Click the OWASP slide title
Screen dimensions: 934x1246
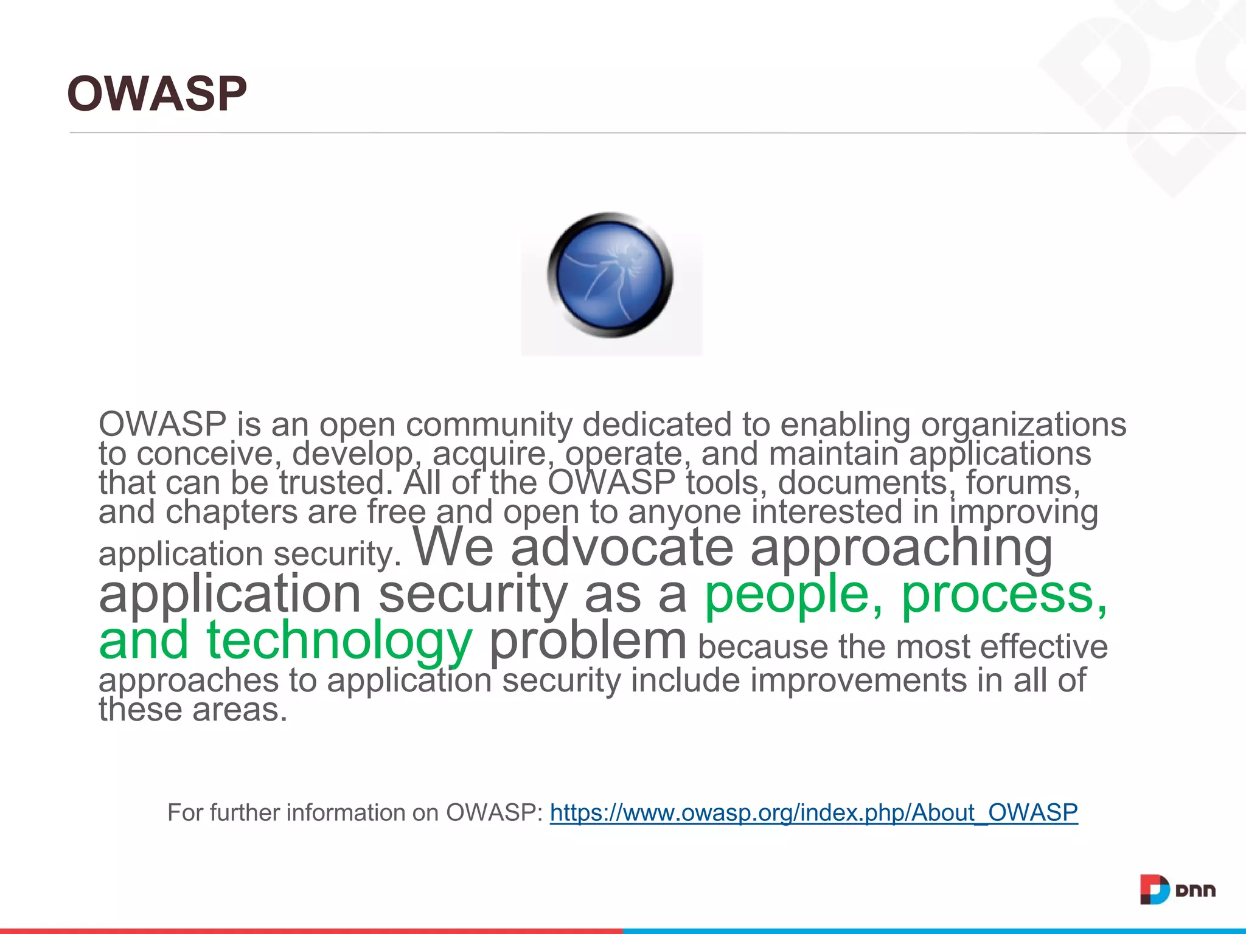(157, 94)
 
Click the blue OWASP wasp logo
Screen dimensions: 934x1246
(610, 275)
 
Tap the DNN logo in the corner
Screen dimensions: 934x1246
(1177, 890)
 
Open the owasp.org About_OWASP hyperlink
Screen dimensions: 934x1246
(813, 812)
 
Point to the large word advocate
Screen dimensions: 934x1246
(622, 547)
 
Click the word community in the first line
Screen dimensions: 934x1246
(489, 424)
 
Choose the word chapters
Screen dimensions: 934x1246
(231, 512)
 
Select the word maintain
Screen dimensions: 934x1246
(834, 454)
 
